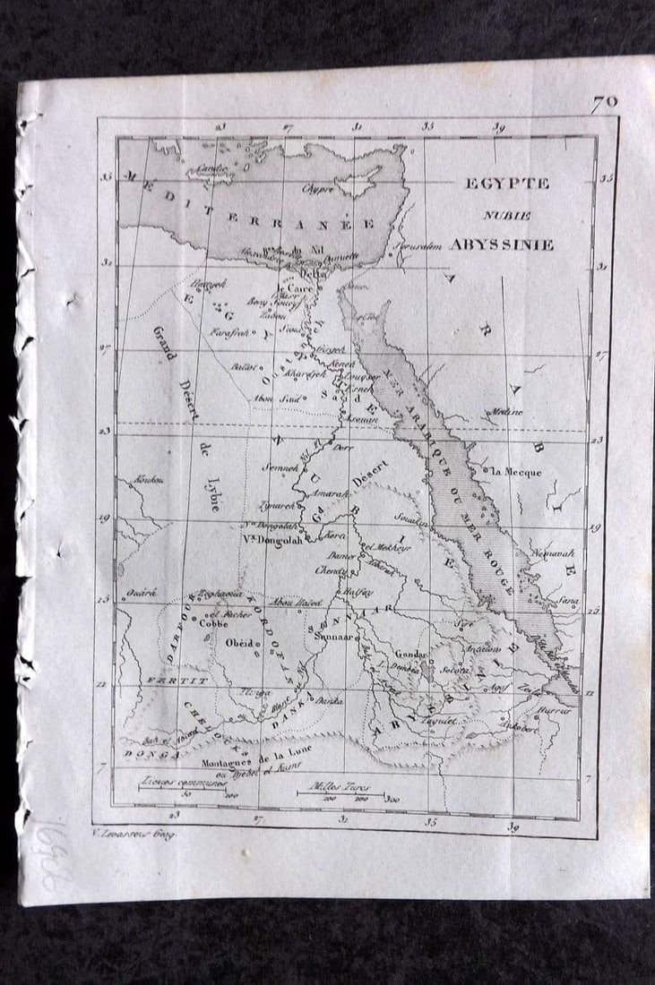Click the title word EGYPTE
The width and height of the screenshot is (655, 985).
[x=506, y=183]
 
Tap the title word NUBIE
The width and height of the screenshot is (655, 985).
[x=508, y=215]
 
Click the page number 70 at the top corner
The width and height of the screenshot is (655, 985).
[x=604, y=102]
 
